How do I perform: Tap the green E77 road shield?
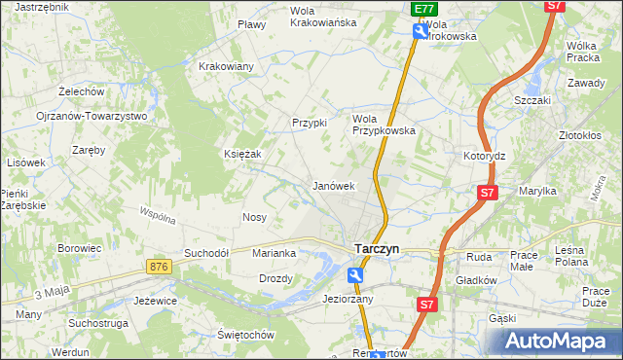[x=422, y=9]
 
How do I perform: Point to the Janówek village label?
[x=332, y=185]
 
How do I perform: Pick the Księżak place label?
[x=244, y=154]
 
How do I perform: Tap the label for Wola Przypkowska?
[x=384, y=124]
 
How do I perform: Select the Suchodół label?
[x=206, y=253]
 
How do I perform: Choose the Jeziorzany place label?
[x=348, y=300]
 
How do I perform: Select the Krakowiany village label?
[x=226, y=66]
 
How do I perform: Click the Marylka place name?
[x=536, y=192]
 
